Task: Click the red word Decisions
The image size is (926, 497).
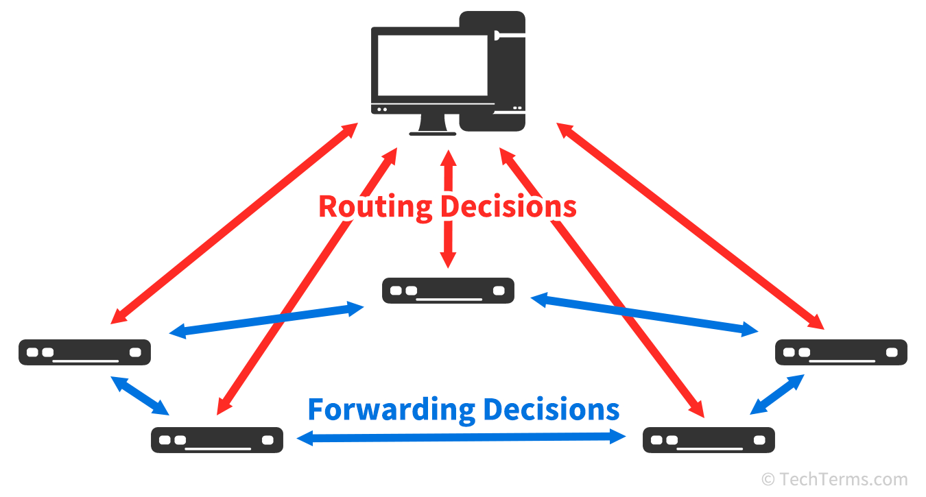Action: pyautogui.click(x=508, y=206)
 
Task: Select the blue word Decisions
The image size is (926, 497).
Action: pyautogui.click(x=551, y=409)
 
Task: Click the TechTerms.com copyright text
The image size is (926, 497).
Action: pyautogui.click(x=834, y=479)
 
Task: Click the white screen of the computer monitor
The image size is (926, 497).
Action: pyautogui.click(x=432, y=65)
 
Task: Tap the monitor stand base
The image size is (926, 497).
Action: pyautogui.click(x=432, y=134)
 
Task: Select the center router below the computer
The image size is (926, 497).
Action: pyautogui.click(x=448, y=291)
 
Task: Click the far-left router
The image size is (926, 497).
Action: pyautogui.click(x=85, y=352)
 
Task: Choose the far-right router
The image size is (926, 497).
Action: pyautogui.click(x=841, y=352)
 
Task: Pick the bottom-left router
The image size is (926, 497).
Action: pyautogui.click(x=217, y=440)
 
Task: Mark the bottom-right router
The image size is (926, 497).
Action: pyautogui.click(x=709, y=440)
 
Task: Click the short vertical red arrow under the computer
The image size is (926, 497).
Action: pyautogui.click(x=448, y=209)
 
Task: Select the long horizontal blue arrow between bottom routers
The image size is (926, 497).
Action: pyautogui.click(x=462, y=437)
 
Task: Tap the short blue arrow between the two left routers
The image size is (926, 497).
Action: pyautogui.click(x=140, y=396)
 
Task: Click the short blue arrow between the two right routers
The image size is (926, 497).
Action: pyautogui.click(x=777, y=394)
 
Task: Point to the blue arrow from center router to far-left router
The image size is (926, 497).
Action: pyautogui.click(x=267, y=320)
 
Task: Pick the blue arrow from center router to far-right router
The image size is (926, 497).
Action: pyautogui.click(x=645, y=315)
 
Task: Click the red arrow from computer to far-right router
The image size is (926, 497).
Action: pyautogui.click(x=690, y=226)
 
